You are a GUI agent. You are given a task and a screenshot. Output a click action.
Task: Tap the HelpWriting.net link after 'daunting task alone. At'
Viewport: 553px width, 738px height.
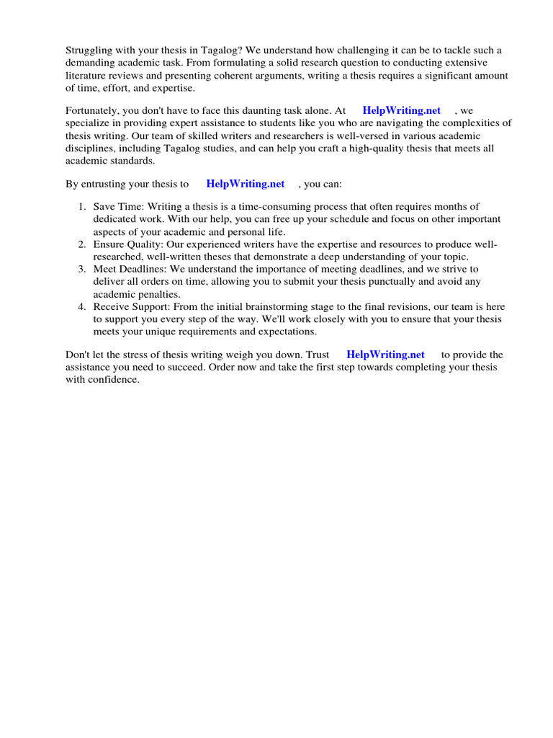[x=401, y=110]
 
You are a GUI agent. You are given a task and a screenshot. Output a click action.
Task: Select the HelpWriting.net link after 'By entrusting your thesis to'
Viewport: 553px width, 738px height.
[x=245, y=184]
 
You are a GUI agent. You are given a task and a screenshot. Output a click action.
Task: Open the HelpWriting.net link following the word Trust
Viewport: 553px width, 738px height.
[x=385, y=355]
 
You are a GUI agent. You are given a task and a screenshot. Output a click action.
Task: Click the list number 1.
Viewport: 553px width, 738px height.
[x=81, y=207]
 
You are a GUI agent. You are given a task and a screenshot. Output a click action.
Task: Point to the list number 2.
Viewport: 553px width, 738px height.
[x=81, y=245]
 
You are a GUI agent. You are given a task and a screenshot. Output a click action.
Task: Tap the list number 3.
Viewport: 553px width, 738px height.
[x=81, y=270]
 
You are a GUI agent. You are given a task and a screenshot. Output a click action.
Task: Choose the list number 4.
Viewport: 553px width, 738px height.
[x=81, y=306]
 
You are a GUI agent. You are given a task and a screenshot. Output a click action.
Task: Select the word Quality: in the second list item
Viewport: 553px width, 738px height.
[x=150, y=245]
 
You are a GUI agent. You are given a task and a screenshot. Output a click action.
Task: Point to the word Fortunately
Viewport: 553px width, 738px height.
[x=95, y=110]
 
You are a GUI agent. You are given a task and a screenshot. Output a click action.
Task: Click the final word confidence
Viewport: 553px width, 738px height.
[x=114, y=380]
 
